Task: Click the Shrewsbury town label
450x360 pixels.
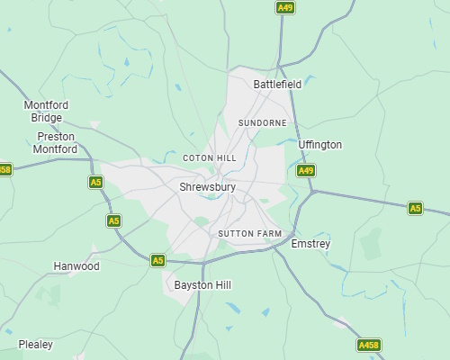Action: (207, 187)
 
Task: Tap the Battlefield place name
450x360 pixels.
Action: (277, 84)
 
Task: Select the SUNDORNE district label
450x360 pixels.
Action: (262, 122)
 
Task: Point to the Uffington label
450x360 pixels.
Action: (320, 145)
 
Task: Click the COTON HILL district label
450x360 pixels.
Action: (209, 157)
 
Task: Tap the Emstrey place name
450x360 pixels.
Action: (311, 244)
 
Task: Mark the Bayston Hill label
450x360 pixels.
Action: (202, 284)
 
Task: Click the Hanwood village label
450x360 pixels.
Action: (76, 266)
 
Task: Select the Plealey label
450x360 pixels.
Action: (36, 344)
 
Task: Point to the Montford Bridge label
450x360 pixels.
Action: (45, 112)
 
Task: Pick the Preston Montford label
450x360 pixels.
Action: (55, 143)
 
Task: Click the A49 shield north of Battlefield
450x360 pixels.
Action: (284, 7)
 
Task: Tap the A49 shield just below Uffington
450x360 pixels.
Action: (306, 170)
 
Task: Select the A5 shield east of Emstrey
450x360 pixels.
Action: (414, 208)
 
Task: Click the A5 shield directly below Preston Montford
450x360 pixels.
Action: (95, 182)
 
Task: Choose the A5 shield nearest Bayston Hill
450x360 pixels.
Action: (157, 260)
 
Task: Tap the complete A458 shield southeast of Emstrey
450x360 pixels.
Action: (368, 345)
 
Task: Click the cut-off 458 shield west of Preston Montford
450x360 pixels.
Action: (5, 169)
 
